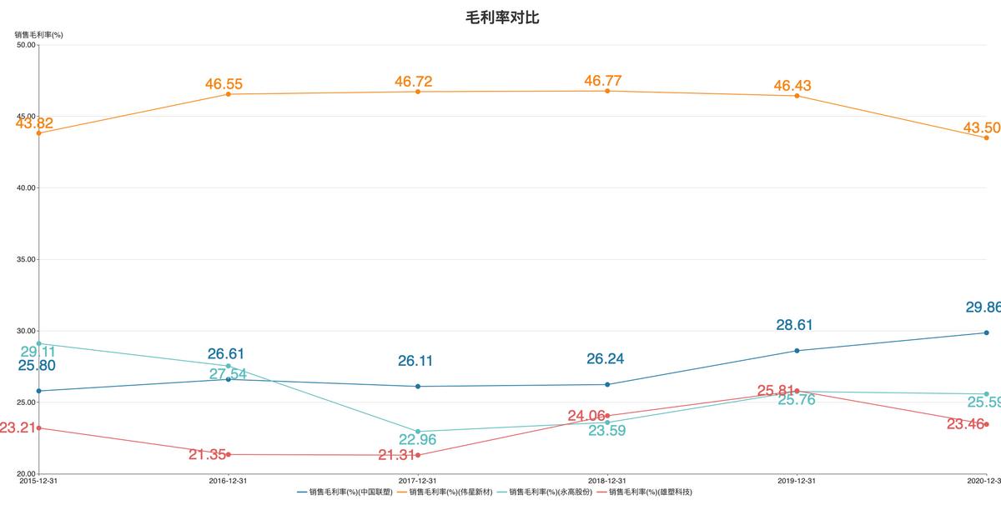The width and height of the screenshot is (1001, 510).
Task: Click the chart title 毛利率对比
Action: point(501,17)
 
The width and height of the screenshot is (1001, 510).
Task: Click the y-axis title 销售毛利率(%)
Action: point(38,34)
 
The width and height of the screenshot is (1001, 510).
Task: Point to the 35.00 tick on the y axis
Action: point(26,259)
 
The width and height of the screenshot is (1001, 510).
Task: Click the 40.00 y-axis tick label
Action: point(26,187)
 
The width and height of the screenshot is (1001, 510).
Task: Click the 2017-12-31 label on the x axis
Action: point(418,481)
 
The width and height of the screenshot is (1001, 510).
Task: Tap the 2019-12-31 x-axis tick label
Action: point(797,481)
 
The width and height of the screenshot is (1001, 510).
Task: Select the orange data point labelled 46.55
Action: point(229,94)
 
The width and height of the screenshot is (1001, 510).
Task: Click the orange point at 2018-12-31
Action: point(607,91)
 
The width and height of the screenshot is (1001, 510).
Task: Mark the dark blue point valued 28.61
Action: point(797,351)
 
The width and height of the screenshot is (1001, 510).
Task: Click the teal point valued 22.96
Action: point(418,432)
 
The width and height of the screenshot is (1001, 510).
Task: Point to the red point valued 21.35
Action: point(229,454)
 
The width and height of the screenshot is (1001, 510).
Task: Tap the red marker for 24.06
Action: point(607,416)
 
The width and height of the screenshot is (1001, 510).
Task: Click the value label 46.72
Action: point(418,81)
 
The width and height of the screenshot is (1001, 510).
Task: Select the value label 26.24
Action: point(605,359)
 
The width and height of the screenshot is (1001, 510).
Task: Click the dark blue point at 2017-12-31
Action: point(418,387)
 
